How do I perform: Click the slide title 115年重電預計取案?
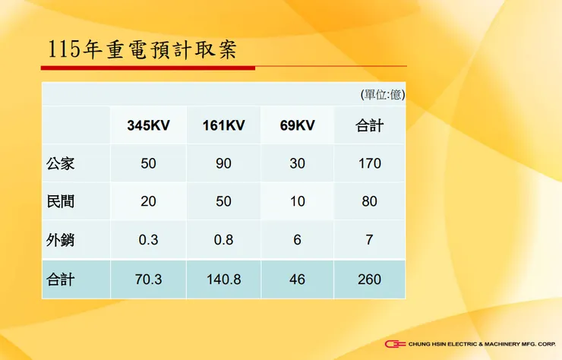tap(142, 49)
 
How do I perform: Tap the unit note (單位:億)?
tap(382, 95)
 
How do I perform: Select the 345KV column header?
tap(148, 125)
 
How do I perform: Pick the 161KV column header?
tap(223, 125)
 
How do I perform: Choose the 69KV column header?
tap(297, 125)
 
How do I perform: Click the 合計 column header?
tap(369, 125)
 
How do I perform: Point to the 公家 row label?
tap(61, 163)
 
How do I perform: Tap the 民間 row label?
tap(61, 202)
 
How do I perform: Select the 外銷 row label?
tap(61, 240)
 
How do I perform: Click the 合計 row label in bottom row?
tap(61, 279)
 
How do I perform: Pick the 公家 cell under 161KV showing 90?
tap(223, 163)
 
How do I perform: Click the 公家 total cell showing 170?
tap(369, 163)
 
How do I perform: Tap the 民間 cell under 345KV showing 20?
tap(148, 202)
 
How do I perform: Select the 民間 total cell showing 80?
tap(369, 202)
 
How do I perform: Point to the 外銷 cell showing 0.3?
tap(148, 240)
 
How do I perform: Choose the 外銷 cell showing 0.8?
tap(223, 240)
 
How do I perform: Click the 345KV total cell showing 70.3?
tap(148, 279)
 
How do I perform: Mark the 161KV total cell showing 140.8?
tap(223, 279)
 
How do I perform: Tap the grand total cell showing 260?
tap(369, 279)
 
